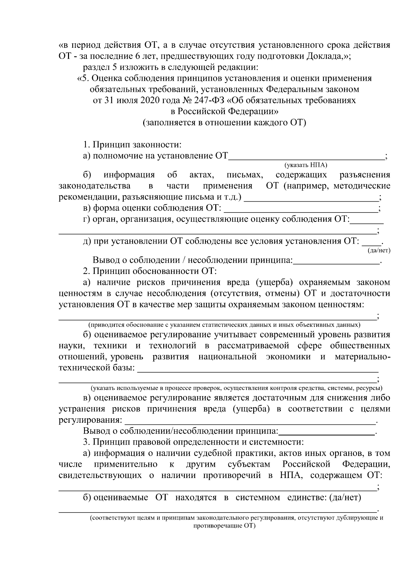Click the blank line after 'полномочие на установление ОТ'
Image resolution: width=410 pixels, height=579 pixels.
(306, 157)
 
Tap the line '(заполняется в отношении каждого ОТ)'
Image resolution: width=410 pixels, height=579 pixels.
(224, 123)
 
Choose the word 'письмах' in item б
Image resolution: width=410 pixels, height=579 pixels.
(245, 175)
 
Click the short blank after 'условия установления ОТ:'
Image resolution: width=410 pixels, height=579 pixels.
(371, 242)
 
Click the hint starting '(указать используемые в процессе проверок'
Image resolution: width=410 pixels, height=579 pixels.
(236, 388)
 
